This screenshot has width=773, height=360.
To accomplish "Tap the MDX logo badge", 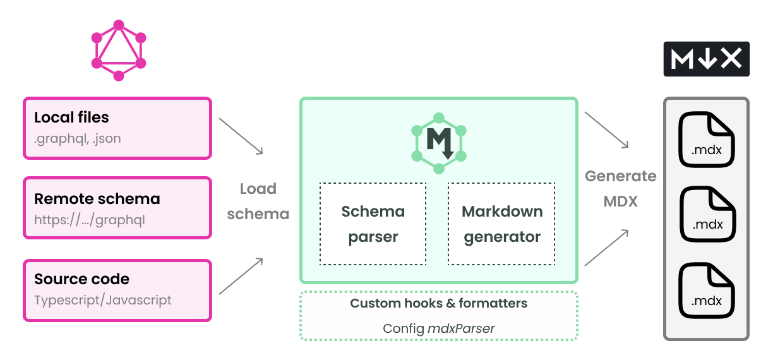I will [x=706, y=59].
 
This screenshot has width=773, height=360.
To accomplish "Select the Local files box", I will [x=117, y=128].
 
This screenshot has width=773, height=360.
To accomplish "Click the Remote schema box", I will [x=117, y=208].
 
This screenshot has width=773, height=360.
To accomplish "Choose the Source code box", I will [x=117, y=289].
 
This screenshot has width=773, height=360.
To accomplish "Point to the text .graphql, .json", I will [x=78, y=138].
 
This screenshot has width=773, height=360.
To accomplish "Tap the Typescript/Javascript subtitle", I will [x=103, y=300].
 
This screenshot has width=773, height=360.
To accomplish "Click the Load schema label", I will [x=258, y=201].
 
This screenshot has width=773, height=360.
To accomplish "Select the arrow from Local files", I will [x=241, y=135].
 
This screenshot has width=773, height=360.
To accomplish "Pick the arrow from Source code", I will [x=241, y=276].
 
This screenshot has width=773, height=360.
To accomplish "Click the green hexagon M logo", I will [x=439, y=143].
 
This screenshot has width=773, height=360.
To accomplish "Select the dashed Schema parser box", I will [x=373, y=224].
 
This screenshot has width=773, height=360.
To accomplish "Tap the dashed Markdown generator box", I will [x=502, y=224].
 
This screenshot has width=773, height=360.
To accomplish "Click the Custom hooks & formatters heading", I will [x=439, y=303].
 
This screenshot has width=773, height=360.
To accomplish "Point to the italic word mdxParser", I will [x=461, y=328].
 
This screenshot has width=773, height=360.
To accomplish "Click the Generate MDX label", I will [x=621, y=189].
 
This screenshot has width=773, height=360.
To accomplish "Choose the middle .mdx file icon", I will [x=707, y=215].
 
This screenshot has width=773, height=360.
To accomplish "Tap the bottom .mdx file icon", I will [x=707, y=291].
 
